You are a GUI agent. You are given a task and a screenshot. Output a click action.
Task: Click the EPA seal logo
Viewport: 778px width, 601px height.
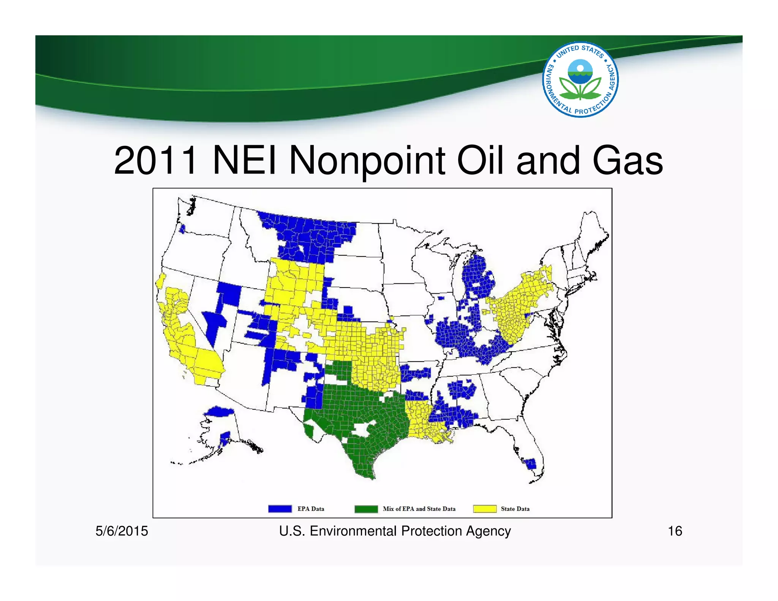(580, 79)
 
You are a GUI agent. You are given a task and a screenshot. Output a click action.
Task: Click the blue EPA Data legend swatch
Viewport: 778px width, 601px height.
(280, 509)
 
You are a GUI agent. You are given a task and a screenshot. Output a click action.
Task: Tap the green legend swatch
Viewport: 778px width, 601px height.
(366, 509)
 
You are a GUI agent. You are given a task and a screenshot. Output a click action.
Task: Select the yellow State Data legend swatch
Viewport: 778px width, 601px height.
(485, 509)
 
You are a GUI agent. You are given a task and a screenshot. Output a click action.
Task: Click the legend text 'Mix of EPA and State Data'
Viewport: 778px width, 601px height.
(419, 509)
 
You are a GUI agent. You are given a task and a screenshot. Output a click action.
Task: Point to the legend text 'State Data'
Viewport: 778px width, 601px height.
(515, 509)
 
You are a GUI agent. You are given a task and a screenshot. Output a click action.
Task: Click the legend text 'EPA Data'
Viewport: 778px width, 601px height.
(310, 509)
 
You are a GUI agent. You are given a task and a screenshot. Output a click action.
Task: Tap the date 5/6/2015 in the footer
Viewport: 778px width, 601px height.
(122, 531)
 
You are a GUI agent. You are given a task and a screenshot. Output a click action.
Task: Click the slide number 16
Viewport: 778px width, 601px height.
(675, 531)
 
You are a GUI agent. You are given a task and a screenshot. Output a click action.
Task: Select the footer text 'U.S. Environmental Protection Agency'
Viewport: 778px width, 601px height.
(395, 531)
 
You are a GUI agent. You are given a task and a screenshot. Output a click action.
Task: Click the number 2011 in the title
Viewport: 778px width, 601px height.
(156, 161)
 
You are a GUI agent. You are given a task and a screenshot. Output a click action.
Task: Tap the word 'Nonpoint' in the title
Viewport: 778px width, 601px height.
(367, 161)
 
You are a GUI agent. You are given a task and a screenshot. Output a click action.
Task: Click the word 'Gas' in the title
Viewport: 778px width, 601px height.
(627, 161)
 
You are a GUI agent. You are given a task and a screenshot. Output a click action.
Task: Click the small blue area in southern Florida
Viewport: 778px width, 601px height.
(531, 463)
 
